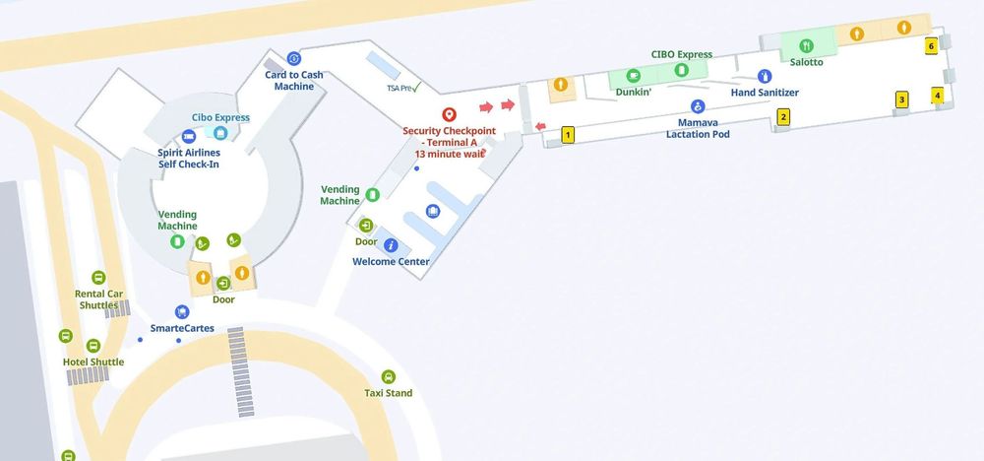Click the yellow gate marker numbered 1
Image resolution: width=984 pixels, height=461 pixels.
(x=568, y=135)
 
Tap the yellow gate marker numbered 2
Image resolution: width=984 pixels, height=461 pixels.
(x=783, y=116)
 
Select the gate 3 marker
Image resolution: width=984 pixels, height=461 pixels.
(x=900, y=99)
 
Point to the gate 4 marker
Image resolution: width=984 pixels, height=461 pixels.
(x=938, y=96)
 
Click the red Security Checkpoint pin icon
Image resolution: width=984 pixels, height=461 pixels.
(x=449, y=114)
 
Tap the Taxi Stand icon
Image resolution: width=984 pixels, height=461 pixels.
(x=388, y=376)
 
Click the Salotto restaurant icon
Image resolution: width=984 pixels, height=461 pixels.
(x=806, y=45)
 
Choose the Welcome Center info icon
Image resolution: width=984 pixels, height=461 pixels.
(x=391, y=245)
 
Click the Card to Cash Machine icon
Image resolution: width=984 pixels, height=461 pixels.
(x=293, y=58)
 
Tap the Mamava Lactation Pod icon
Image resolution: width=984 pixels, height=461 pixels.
(x=698, y=106)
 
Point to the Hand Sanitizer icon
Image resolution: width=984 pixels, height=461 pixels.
(x=765, y=76)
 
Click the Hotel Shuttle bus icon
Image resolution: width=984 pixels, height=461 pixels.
(x=93, y=346)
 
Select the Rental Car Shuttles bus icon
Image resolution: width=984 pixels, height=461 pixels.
(x=98, y=278)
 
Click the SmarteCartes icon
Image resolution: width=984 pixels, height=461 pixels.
(x=181, y=311)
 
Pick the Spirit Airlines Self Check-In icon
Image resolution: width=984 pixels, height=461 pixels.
(x=188, y=136)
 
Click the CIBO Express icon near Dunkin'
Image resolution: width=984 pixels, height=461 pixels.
(x=681, y=70)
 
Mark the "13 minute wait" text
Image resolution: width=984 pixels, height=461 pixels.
(x=449, y=154)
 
